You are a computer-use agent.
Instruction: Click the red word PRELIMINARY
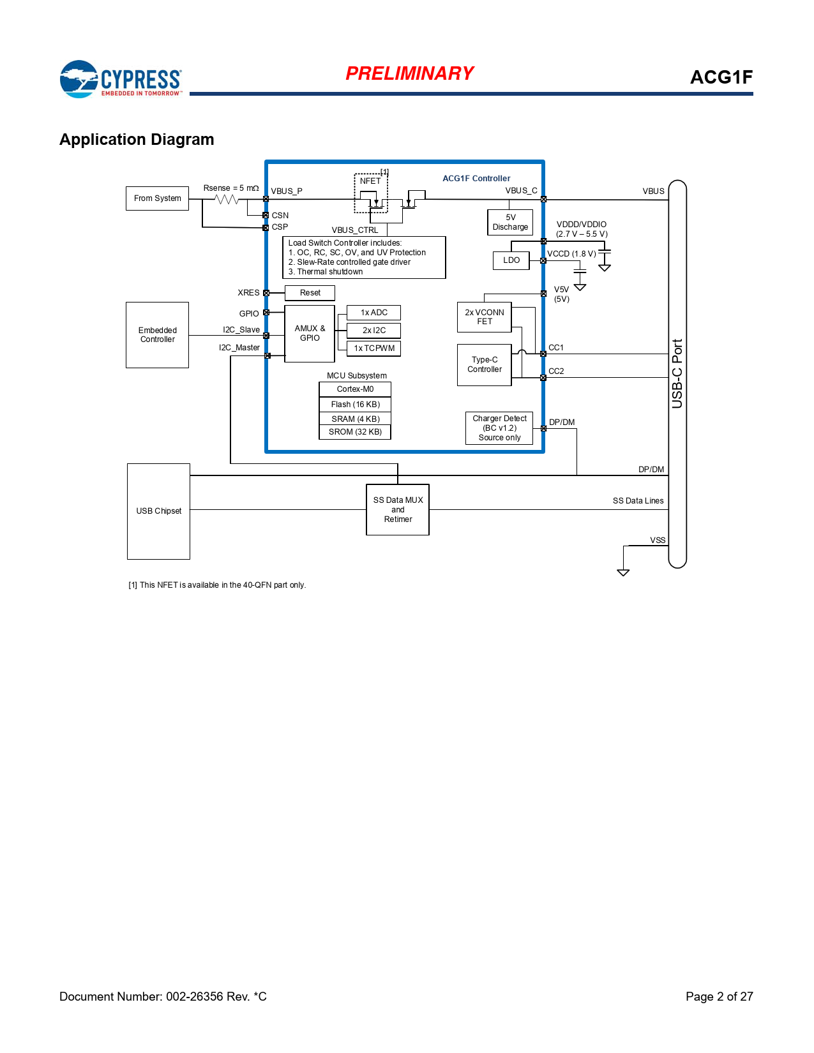[x=409, y=73]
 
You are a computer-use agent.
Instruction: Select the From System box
[x=157, y=198]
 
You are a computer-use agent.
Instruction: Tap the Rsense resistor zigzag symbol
[x=227, y=200]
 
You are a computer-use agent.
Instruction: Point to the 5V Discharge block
[x=510, y=222]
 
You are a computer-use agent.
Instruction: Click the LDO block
[x=511, y=260]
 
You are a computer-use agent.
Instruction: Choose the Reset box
[x=310, y=293]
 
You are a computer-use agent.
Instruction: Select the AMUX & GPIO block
[x=310, y=333]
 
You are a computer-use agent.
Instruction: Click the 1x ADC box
[x=373, y=313]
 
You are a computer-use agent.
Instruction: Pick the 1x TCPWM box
[x=373, y=348]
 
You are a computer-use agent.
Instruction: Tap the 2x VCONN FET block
[x=485, y=317]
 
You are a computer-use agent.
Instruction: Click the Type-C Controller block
[x=485, y=365]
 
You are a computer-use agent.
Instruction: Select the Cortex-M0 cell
[x=355, y=389]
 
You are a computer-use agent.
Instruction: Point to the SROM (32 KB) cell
[x=355, y=432]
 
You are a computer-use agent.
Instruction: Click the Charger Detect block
[x=499, y=428]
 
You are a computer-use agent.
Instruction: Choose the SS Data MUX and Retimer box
[x=398, y=510]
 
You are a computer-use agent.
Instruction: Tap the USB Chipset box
[x=158, y=511]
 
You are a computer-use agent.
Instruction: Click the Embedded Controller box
[x=157, y=335]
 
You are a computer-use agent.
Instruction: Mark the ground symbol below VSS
[x=623, y=572]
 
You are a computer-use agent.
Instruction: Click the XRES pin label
[x=248, y=293]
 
